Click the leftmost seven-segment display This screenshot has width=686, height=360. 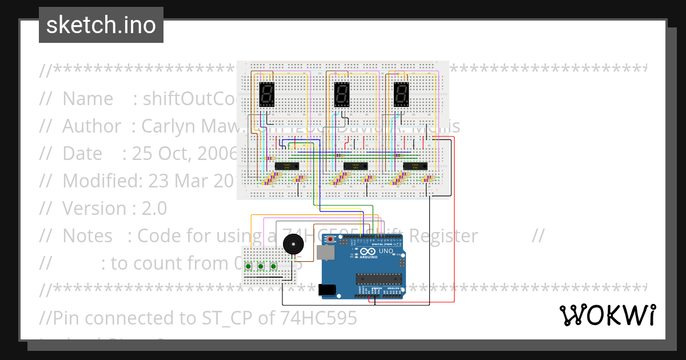pyautogui.click(x=266, y=95)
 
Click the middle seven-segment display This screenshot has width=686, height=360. pyautogui.click(x=341, y=95)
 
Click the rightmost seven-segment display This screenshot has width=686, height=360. pyautogui.click(x=401, y=95)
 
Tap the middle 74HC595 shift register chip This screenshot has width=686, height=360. pyautogui.click(x=354, y=166)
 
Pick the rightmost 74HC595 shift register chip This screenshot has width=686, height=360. pyautogui.click(x=415, y=166)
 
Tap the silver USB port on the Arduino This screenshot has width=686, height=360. pyautogui.click(x=326, y=254)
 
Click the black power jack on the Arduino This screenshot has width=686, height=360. pyautogui.click(x=326, y=290)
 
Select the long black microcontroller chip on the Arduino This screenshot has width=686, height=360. pyautogui.click(x=377, y=279)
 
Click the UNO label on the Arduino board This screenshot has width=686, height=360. pyautogui.click(x=386, y=251)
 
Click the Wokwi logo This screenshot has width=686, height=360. pyautogui.click(x=607, y=315)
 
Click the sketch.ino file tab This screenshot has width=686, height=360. pyautogui.click(x=101, y=25)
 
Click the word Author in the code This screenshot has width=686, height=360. pyautogui.click(x=91, y=126)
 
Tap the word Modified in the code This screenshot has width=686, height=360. pyautogui.click(x=100, y=181)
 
